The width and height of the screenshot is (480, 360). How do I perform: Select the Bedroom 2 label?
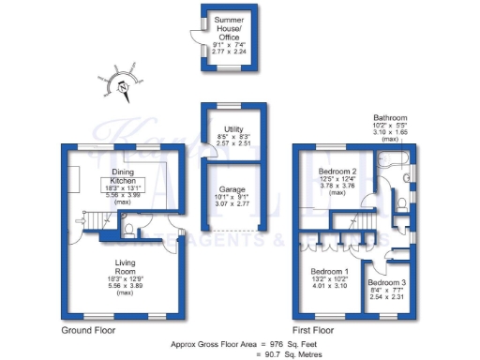(x=337, y=172)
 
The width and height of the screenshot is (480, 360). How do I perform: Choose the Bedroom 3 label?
(x=386, y=282)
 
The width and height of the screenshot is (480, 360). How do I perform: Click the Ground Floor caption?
(x=90, y=331)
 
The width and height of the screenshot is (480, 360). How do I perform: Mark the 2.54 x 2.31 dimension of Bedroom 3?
(x=386, y=297)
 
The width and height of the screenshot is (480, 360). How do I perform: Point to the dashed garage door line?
(x=230, y=231)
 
